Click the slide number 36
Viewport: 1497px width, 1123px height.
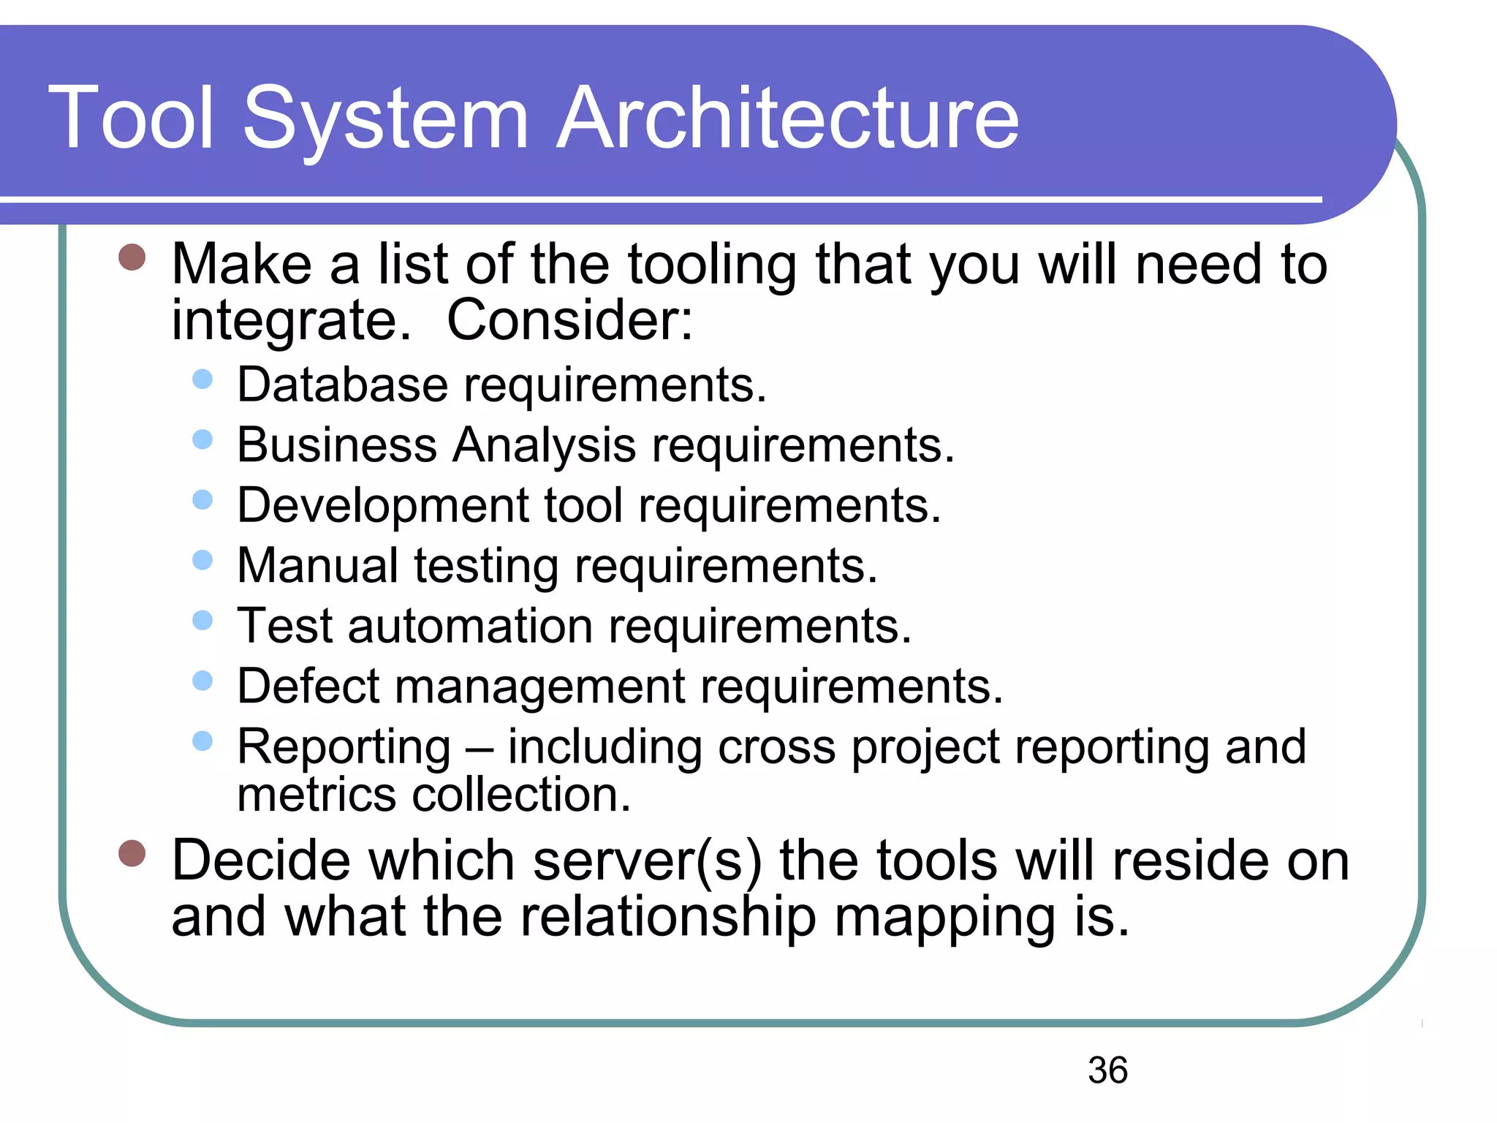point(1107,1070)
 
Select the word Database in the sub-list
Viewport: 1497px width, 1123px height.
point(342,385)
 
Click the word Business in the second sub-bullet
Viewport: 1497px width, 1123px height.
point(337,445)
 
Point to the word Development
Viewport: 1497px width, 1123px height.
point(383,506)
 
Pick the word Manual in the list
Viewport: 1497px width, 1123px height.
point(318,566)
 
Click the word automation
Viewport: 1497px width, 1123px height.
point(470,627)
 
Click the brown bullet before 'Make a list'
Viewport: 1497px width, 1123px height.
point(132,257)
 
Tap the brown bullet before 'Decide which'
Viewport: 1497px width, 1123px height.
point(132,853)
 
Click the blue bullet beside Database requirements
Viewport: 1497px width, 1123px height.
point(202,379)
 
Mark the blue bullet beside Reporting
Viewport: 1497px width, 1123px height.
point(202,741)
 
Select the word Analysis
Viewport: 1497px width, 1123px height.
point(544,445)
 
